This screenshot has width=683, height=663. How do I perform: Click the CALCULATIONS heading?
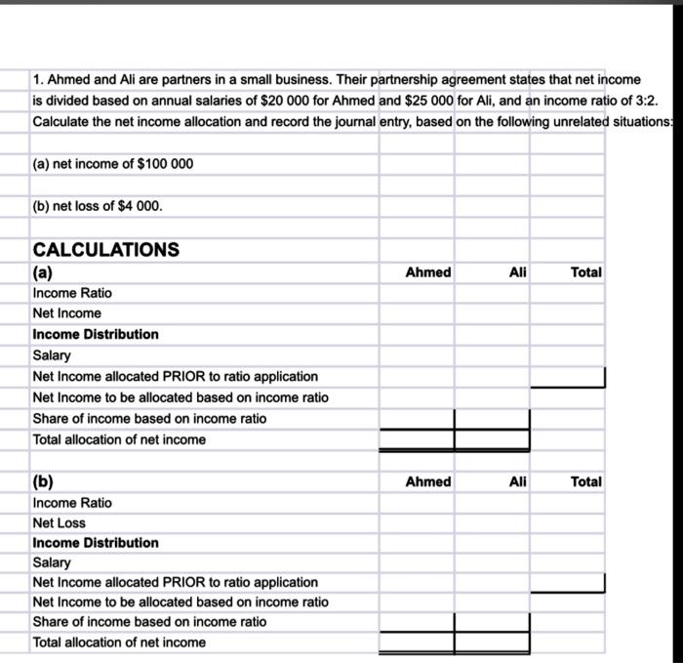[105, 249]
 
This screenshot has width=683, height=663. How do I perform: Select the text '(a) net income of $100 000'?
[112, 163]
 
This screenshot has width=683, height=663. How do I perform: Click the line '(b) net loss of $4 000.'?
[98, 206]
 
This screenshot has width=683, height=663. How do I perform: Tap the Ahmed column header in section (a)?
[427, 272]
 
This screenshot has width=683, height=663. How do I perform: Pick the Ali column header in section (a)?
[517, 272]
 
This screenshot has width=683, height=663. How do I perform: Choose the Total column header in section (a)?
[585, 272]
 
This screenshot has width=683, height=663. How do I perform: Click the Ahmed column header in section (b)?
[427, 481]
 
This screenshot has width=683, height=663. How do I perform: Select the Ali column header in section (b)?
[517, 481]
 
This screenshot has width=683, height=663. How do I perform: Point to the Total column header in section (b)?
[585, 481]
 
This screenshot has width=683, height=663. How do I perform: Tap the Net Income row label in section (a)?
[66, 313]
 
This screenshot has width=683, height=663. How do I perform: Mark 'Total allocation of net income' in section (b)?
[119, 642]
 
